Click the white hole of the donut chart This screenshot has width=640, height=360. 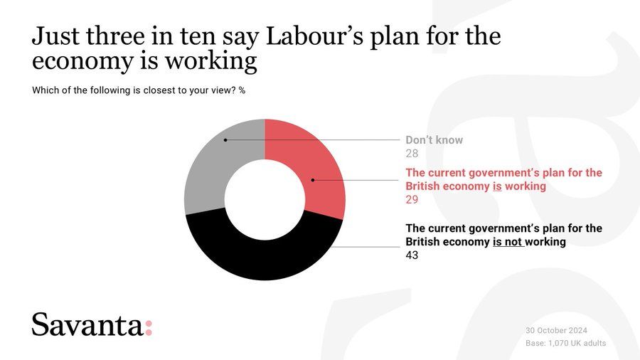click(265, 199)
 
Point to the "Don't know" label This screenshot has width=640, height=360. click(434, 140)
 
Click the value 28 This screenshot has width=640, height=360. click(412, 154)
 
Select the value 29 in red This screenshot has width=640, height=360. click(412, 200)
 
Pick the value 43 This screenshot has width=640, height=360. click(412, 255)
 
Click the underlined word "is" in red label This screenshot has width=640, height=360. click(498, 186)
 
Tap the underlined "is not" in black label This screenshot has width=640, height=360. click(508, 242)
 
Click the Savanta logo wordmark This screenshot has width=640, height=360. click(87, 325)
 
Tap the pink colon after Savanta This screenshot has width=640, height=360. click(149, 328)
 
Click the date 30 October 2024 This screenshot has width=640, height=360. click(556, 331)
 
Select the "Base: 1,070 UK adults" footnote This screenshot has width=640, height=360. click(565, 344)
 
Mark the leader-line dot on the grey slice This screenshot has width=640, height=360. click(225, 140)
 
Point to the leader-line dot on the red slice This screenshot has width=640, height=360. click(313, 180)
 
